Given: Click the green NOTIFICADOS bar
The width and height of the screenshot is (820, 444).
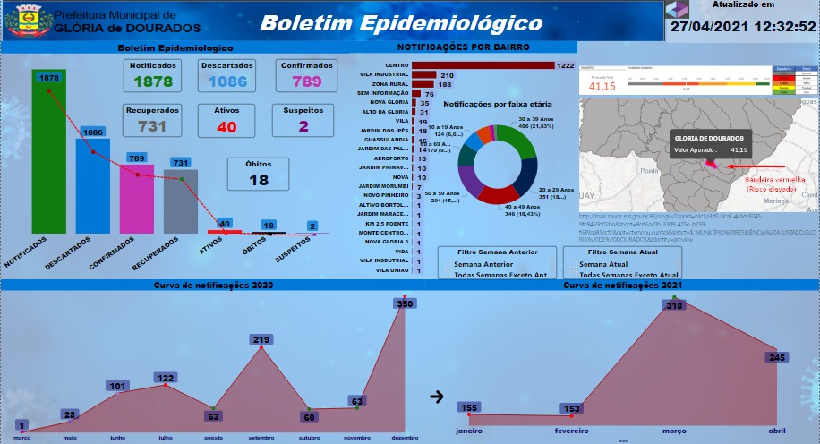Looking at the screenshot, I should [x=48, y=161].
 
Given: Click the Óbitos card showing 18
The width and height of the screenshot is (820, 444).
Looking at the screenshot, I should [x=259, y=174].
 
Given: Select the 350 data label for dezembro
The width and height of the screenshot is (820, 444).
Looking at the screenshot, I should [x=406, y=304].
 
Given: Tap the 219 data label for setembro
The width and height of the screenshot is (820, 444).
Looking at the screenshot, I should [x=262, y=339].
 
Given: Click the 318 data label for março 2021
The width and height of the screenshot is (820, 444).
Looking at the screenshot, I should [x=674, y=305].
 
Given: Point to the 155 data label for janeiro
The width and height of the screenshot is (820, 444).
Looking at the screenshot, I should [x=468, y=407].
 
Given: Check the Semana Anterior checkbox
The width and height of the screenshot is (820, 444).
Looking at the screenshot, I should [x=448, y=265].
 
